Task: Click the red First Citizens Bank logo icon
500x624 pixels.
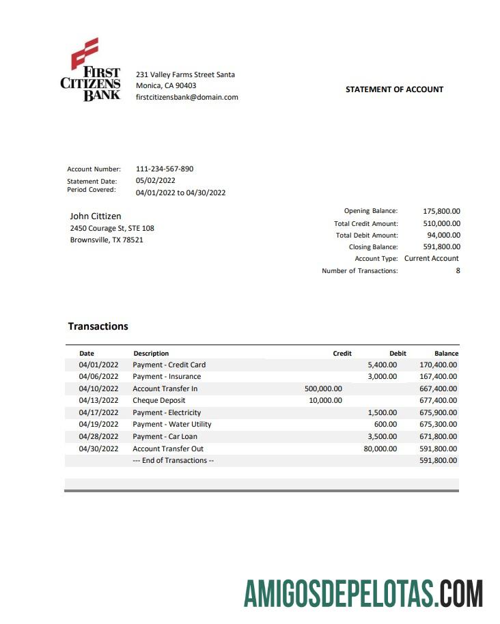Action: coord(85,52)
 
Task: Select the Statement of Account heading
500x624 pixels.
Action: coord(394,89)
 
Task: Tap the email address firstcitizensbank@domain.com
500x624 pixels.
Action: coord(187,97)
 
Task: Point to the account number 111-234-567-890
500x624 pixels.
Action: coord(165,169)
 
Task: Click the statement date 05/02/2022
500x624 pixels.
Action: coord(156,181)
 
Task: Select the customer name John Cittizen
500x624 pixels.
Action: coord(96,216)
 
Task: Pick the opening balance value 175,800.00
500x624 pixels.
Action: coord(441,212)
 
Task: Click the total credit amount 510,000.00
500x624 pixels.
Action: coord(441,223)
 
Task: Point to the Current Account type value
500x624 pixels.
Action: coord(432,258)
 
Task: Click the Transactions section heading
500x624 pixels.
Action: coord(98,326)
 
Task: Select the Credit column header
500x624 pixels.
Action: coord(342,354)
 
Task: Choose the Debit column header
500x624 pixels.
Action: coord(398,354)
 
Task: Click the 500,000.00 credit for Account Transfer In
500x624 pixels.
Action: coord(323,388)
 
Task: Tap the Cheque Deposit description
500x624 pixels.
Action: coord(159,400)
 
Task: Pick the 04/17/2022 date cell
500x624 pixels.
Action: coord(98,412)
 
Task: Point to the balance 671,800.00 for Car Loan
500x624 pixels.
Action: coord(438,436)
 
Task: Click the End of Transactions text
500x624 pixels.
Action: coord(173,460)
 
